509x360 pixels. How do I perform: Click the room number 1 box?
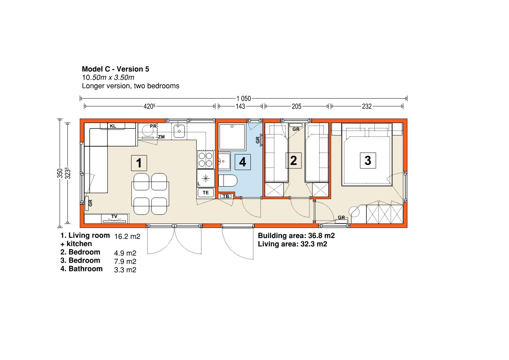[139, 163]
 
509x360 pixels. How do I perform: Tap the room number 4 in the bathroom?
[243, 162]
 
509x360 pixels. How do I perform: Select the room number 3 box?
[368, 160]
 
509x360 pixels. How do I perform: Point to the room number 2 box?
[294, 160]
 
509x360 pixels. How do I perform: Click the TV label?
[114, 216]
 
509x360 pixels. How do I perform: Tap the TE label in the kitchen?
[206, 193]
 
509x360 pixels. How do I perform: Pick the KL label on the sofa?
[113, 126]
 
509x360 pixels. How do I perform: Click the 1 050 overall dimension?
[243, 99]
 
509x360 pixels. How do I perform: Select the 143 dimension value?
[241, 106]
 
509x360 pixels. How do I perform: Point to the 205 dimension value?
[296, 106]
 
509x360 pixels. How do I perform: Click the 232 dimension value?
[367, 106]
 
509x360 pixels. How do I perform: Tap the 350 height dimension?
[60, 173]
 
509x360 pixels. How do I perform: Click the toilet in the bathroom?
[228, 181]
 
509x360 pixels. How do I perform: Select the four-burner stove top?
[206, 159]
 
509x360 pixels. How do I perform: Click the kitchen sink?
[179, 131]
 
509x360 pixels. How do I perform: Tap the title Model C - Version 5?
[115, 69]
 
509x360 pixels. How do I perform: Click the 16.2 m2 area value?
[127, 237]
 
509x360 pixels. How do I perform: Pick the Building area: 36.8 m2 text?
[296, 236]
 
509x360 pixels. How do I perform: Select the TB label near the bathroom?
[226, 196]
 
